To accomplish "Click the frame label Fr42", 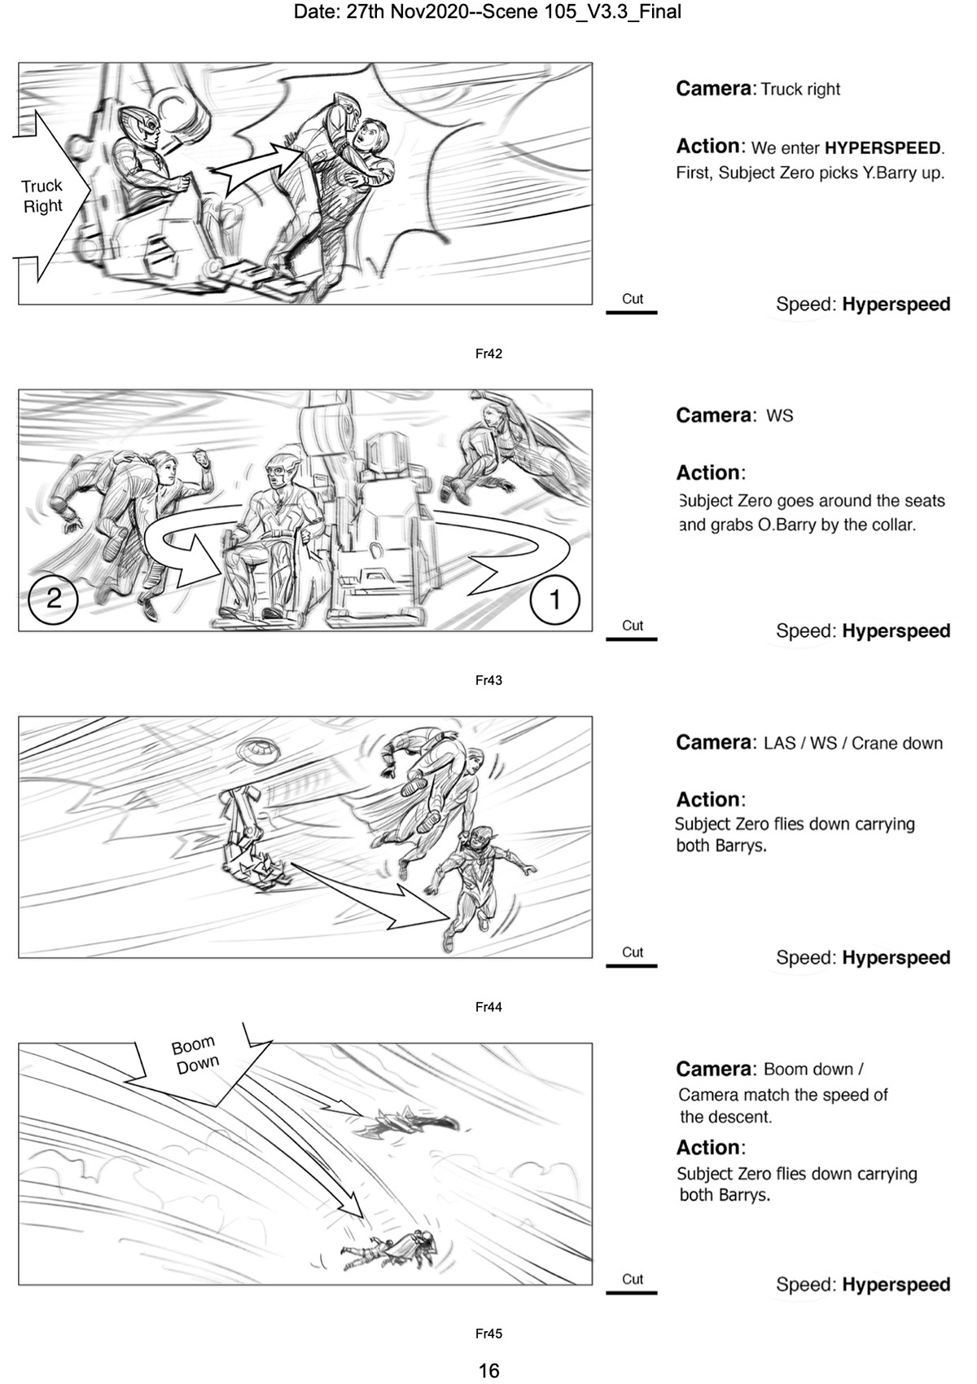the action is (x=488, y=354).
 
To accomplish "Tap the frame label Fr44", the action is (x=488, y=1007).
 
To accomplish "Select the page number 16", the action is (x=488, y=1370).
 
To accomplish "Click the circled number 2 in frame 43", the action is (x=53, y=599).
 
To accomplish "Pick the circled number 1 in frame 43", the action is (x=554, y=600).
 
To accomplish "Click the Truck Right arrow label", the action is (x=42, y=196).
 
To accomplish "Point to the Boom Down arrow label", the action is (x=195, y=1056).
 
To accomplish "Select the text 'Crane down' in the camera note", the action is (x=896, y=743).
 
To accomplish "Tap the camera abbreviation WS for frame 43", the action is (x=779, y=415).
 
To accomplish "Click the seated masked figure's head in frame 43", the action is (x=279, y=472).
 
